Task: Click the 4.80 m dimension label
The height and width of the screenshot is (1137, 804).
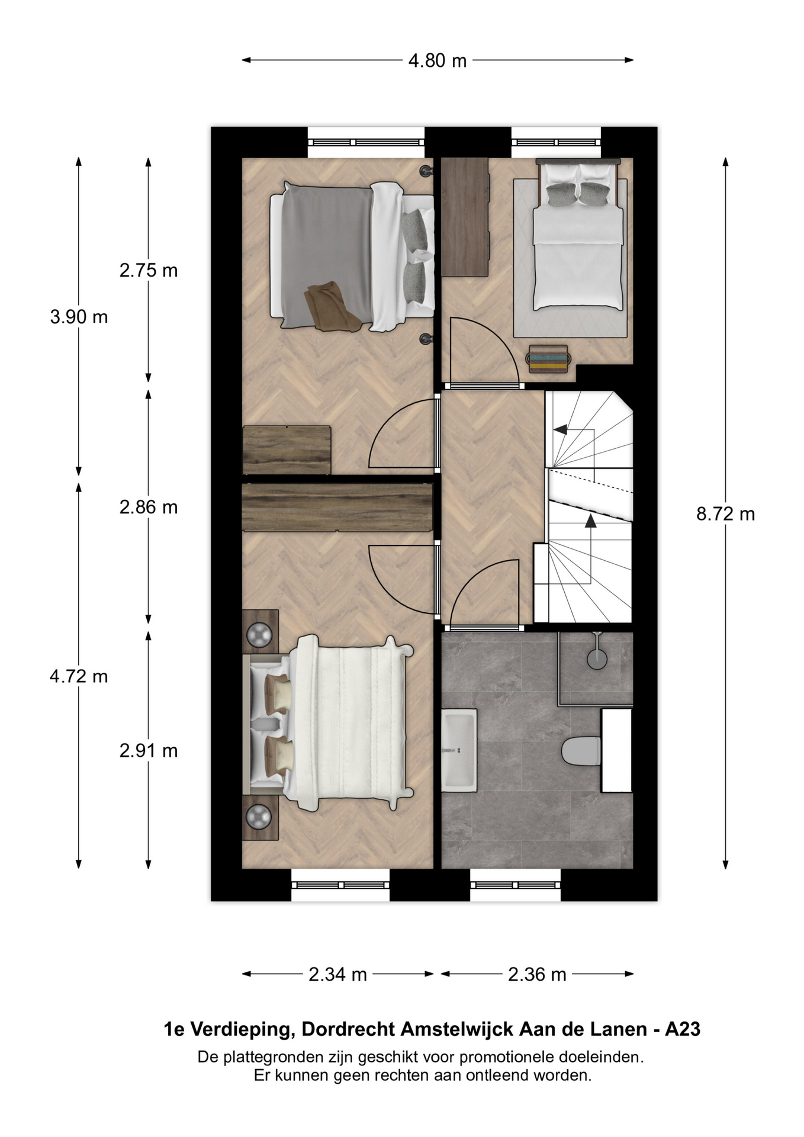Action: (x=438, y=60)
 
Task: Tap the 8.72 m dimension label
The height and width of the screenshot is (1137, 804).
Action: (x=725, y=514)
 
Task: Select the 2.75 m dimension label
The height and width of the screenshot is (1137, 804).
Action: (x=149, y=271)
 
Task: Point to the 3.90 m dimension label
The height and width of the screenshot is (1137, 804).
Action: (x=79, y=317)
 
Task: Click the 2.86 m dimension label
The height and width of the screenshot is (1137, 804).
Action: (x=149, y=508)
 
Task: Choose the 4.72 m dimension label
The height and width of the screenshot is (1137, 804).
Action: (x=79, y=676)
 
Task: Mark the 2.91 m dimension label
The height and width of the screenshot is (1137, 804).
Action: (x=149, y=751)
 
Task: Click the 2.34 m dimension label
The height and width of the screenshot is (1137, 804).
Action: (x=338, y=974)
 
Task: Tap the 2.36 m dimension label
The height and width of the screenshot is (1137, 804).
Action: (x=537, y=974)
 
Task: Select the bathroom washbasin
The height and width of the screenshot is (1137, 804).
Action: (x=459, y=750)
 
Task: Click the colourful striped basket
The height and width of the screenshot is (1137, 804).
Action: (x=548, y=359)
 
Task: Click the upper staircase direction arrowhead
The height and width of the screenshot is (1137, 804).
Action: (x=559, y=429)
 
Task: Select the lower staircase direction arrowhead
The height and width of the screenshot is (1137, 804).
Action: (x=590, y=521)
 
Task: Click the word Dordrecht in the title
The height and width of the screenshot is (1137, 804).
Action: (x=349, y=1030)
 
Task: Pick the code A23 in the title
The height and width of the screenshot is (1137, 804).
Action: (x=683, y=1030)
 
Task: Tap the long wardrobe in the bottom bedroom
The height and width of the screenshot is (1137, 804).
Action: (x=337, y=508)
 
